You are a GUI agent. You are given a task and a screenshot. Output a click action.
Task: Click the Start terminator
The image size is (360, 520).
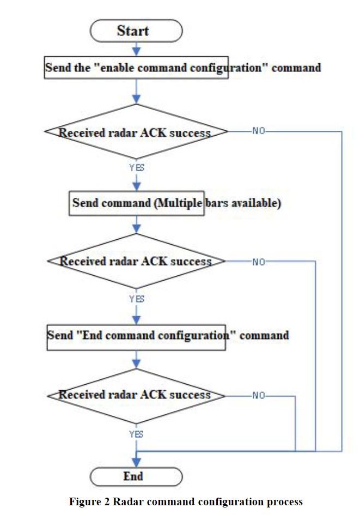(136, 31)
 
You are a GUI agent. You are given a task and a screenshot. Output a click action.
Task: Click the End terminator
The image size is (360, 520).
(136, 477)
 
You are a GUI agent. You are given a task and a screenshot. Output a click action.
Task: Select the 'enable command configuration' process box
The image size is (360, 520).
(136, 68)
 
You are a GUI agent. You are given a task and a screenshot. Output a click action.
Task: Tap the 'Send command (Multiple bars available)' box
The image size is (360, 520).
(137, 203)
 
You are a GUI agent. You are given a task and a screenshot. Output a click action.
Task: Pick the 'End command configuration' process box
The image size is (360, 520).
(136, 337)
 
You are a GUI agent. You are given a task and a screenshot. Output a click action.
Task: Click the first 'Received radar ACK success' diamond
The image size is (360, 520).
(136, 132)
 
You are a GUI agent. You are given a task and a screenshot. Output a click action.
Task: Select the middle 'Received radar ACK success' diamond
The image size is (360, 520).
(136, 261)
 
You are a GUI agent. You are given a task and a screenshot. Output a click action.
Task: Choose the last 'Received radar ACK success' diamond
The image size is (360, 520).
(136, 396)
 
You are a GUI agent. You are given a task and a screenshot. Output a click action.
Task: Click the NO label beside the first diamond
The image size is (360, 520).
(259, 131)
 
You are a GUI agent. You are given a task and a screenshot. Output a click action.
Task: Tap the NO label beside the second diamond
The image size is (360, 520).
(259, 262)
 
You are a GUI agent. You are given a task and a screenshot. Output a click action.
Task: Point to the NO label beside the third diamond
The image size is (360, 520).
(259, 395)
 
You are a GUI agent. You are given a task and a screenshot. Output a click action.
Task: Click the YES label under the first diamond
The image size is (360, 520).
(137, 168)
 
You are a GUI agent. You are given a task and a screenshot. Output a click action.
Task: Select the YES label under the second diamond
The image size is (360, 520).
(137, 299)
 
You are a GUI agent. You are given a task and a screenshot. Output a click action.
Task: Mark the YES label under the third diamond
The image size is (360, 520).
(136, 434)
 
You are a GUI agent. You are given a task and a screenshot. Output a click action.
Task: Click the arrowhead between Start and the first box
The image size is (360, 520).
(136, 51)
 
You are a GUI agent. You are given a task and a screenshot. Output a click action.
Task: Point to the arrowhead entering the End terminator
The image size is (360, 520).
(136, 462)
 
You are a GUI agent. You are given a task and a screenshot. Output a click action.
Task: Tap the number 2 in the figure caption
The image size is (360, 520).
(107, 501)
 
